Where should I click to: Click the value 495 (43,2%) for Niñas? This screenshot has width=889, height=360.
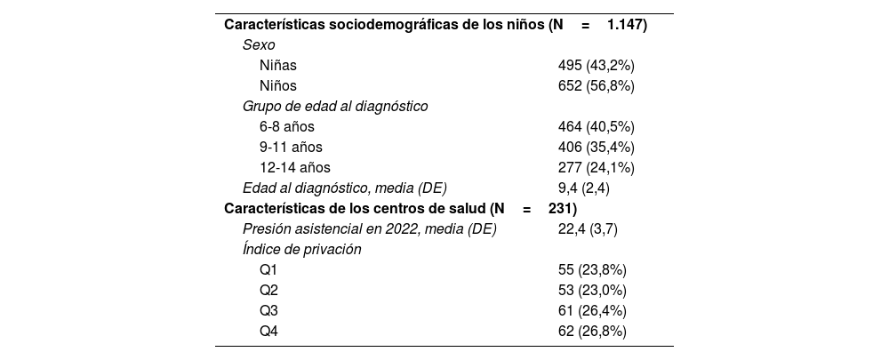pyautogui.click(x=596, y=66)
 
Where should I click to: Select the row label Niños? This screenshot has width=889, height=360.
pyautogui.click(x=278, y=86)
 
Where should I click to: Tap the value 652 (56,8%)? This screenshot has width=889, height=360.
pyautogui.click(x=596, y=86)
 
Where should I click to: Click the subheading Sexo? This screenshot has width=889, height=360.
pyautogui.click(x=259, y=45)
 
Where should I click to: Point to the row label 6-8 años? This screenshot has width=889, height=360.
pyautogui.click(x=287, y=127)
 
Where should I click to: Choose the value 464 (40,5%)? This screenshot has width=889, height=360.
pyautogui.click(x=596, y=127)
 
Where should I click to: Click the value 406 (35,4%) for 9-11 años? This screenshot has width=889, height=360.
pyautogui.click(x=596, y=148)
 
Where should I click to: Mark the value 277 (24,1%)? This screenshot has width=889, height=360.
pyautogui.click(x=596, y=168)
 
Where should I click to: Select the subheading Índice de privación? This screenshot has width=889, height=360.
pyautogui.click(x=302, y=250)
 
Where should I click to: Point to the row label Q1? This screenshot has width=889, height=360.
pyautogui.click(x=269, y=270)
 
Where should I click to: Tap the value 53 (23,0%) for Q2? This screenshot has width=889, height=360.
pyautogui.click(x=592, y=291)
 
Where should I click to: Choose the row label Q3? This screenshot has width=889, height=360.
pyautogui.click(x=269, y=311)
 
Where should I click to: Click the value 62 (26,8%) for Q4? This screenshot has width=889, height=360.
pyautogui.click(x=592, y=332)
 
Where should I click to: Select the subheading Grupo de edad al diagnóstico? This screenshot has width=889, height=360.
pyautogui.click(x=335, y=107)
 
